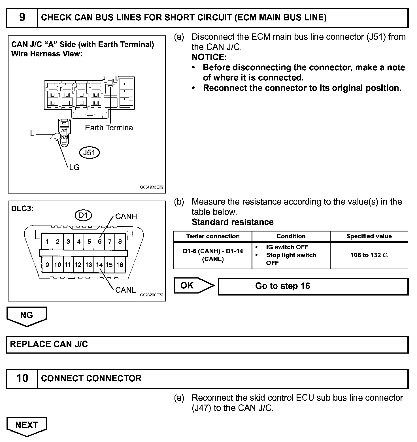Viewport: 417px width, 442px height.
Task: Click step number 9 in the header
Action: pos(22,18)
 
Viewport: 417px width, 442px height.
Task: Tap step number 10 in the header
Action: pos(22,378)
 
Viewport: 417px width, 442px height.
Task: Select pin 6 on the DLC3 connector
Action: pos(99,242)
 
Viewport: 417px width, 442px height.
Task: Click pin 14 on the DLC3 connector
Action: pos(99,265)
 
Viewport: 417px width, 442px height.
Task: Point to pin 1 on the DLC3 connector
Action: pos(47,242)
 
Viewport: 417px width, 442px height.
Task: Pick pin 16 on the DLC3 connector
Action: pos(120,265)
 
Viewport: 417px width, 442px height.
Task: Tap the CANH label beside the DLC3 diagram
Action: pos(126,216)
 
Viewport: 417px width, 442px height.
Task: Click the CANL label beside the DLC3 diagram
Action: pos(125,290)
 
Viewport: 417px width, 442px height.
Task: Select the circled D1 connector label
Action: pos(83,216)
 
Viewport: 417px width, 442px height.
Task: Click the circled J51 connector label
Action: pos(90,153)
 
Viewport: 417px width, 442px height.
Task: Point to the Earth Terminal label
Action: pos(110,128)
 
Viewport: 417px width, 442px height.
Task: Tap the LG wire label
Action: pos(74,167)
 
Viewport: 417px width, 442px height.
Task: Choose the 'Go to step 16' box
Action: pos(313,286)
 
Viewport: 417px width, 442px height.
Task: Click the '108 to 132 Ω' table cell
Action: pos(369,255)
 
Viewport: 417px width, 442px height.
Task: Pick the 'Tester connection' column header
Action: pos(213,236)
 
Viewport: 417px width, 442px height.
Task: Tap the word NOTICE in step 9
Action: pos(209,57)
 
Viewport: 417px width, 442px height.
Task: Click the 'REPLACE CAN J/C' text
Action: pos(49,345)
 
